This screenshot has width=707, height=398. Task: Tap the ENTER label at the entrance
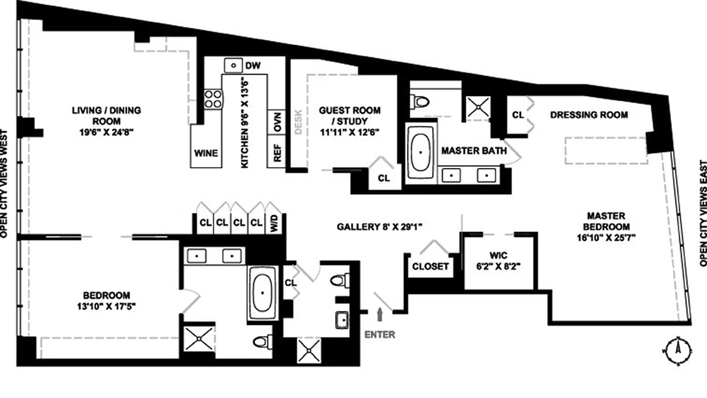coord(380,335)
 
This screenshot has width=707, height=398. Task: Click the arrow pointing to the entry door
coord(381,315)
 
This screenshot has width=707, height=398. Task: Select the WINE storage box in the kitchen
coord(206,153)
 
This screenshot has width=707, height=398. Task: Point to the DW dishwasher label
coord(253,66)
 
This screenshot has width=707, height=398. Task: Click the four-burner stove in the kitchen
coord(213,98)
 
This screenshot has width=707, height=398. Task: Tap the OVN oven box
coord(276,121)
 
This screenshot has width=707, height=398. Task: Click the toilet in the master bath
coord(421,102)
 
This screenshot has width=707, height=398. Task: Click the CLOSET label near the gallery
coord(431,267)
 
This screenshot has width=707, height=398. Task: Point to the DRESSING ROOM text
coord(589,115)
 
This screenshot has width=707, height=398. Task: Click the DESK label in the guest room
coord(298,121)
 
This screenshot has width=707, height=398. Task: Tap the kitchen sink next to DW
coord(233,65)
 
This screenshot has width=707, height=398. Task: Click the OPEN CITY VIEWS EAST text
coord(702,212)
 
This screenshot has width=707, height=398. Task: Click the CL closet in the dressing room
coord(518,115)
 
